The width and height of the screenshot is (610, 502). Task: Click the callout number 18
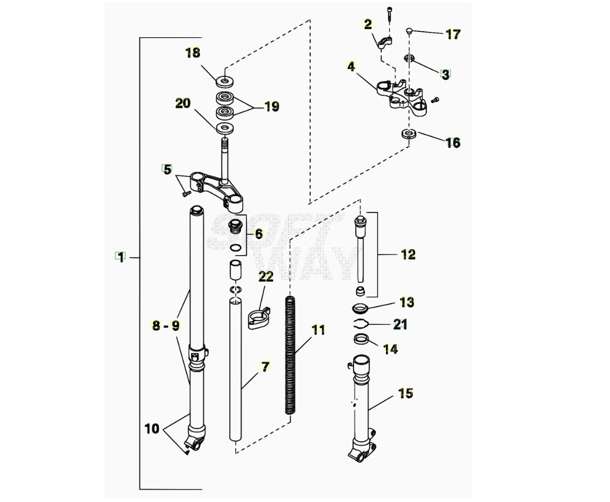pos(193,53)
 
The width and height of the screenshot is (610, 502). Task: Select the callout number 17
pos(453,34)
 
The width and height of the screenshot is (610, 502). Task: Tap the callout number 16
pos(453,143)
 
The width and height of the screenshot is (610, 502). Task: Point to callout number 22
pos(266,275)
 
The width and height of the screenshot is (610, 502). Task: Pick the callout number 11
pos(319,330)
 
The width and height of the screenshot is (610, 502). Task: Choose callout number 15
pos(405,393)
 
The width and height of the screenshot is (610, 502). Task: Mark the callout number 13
pos(407,302)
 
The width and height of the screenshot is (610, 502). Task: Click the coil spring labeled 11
pos(290,354)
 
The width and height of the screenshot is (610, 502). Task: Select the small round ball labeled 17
pos(409,31)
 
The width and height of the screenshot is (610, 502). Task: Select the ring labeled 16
pos(408,134)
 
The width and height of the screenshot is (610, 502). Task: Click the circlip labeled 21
pos(362,323)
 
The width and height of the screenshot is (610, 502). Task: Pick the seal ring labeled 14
pos(361,340)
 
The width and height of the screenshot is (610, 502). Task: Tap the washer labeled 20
pos(225,128)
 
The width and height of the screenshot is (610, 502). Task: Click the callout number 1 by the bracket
pos(121,257)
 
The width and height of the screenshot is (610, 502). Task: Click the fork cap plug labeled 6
pos(235,227)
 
